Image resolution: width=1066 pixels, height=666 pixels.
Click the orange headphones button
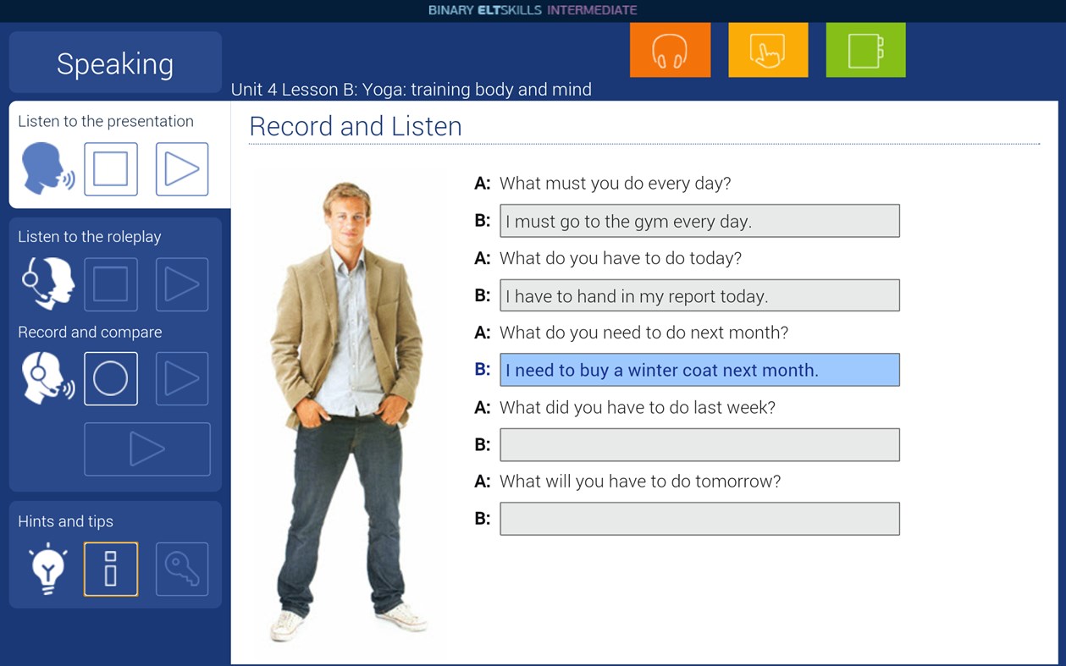coord(670,51)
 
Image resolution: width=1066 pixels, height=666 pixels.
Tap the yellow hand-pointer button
coord(768,51)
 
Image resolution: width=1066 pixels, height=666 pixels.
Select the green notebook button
coord(865,51)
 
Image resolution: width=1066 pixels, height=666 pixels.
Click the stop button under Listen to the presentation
coord(111,169)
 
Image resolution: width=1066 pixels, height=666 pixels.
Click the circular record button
coord(111,378)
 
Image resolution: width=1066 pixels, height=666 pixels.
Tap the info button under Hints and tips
coord(111,569)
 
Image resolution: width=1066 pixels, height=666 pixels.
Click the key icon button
coord(182,569)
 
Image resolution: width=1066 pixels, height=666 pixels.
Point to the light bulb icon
coord(47,568)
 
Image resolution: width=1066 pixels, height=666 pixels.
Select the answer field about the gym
coord(699,221)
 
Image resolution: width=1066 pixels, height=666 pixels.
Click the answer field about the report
coord(699,295)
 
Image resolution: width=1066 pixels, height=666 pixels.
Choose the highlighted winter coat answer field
coord(699,370)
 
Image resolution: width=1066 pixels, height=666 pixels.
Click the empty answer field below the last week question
coord(699,444)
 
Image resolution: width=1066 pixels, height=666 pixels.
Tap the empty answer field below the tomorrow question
coord(699,519)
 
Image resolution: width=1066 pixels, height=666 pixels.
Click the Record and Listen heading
coord(356,126)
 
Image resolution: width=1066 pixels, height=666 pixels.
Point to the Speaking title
coord(115,63)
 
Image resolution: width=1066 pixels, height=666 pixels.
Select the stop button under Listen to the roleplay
coord(111,284)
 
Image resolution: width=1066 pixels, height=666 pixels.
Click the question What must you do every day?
coord(615,183)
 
